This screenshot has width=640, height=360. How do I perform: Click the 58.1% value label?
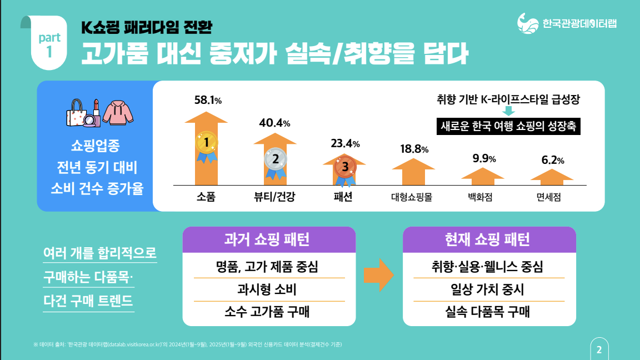tap(208, 101)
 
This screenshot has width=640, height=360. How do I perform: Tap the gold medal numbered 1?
tap(206, 144)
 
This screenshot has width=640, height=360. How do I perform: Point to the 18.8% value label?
tap(414, 149)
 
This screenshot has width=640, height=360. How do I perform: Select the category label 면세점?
tap(552, 197)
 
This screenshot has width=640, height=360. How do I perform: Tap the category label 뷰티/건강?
tap(275, 197)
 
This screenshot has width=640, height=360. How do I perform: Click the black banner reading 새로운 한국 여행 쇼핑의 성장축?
tap(508, 126)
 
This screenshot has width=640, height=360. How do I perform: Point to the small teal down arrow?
tap(508, 111)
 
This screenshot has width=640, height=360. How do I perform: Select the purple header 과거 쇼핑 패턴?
tap(269, 240)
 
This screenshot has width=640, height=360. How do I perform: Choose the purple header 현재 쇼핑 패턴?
tap(489, 240)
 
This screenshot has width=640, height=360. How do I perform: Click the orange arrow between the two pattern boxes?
tap(379, 274)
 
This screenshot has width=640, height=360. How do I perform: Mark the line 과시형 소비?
tap(269, 289)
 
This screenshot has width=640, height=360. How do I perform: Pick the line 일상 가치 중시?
tap(488, 289)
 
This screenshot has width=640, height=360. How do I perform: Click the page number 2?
tap(599, 349)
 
